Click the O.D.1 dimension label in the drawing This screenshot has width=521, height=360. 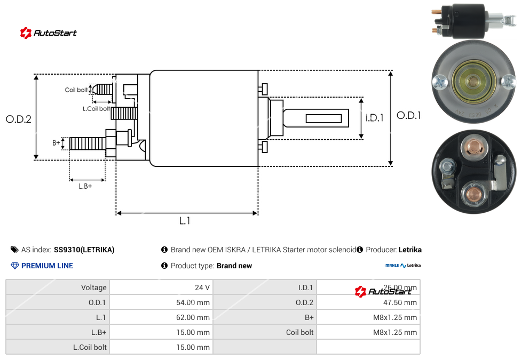(x=409, y=115)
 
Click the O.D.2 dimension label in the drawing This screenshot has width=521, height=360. (x=19, y=119)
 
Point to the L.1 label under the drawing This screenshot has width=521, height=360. (x=185, y=221)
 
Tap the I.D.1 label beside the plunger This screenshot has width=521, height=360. (x=375, y=118)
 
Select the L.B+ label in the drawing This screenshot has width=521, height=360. (x=85, y=186)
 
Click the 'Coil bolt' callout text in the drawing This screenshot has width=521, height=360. (x=76, y=90)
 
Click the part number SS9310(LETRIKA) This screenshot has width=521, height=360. (x=84, y=250)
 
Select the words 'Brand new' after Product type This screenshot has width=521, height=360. (x=234, y=266)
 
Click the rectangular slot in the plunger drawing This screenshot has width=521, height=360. (x=323, y=118)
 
